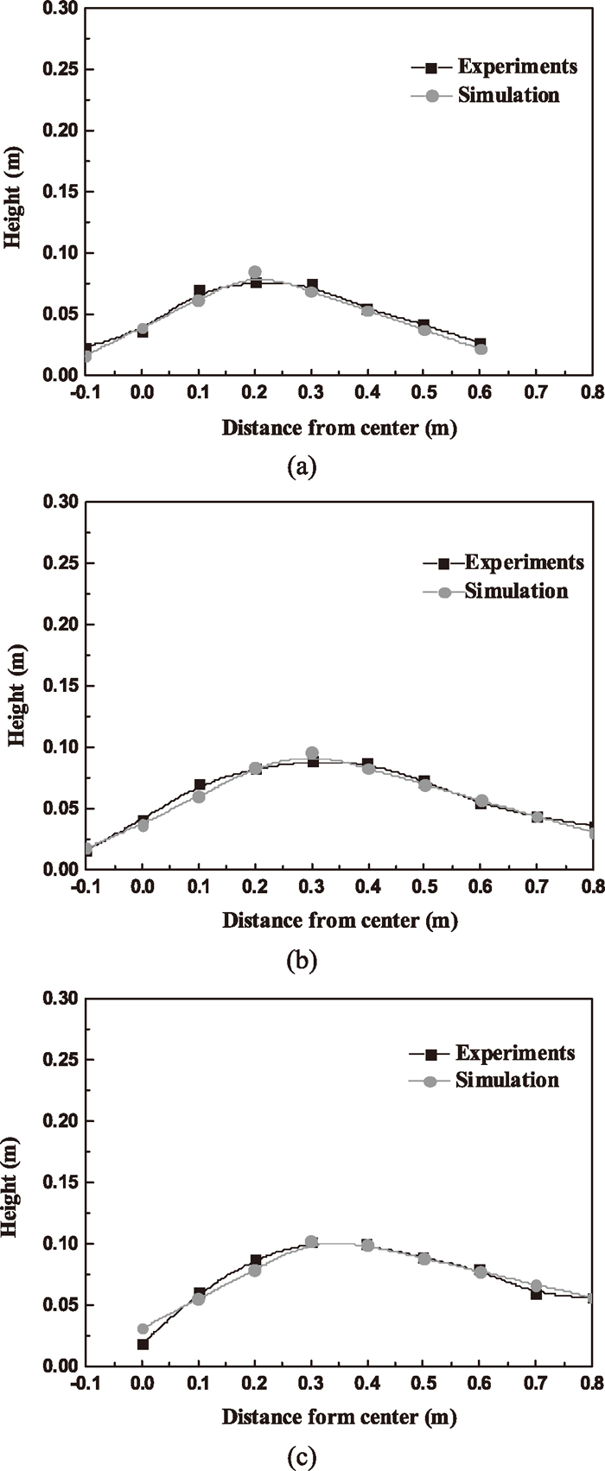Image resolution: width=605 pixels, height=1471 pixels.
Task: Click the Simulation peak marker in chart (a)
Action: coord(255,272)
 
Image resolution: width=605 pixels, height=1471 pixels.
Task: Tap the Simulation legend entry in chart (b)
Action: coord(516,592)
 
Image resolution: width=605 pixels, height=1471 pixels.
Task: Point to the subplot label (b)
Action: coord(302,960)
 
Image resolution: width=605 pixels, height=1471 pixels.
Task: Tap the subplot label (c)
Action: coord(302,1457)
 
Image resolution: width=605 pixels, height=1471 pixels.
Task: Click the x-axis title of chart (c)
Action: coord(339,1417)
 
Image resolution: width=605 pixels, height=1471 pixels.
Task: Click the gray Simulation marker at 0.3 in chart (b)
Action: coord(312,753)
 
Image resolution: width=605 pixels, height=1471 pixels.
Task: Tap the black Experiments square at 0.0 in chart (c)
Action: coord(143,1344)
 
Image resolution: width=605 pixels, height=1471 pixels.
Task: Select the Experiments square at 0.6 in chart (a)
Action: coord(481,344)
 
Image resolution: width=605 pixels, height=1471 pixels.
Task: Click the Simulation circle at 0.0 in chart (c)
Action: coord(143,1329)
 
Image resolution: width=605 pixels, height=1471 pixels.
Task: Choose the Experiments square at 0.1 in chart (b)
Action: coord(200,785)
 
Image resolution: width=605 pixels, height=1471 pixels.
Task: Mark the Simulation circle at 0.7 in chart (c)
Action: coord(537,1286)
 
